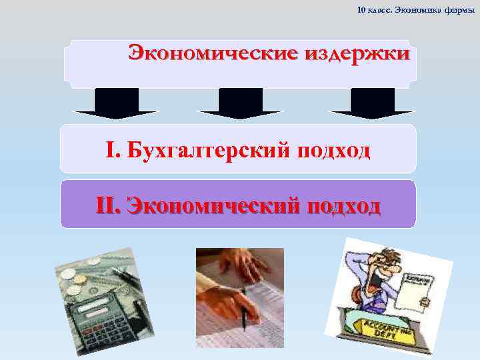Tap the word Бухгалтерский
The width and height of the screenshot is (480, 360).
click(x=204, y=151)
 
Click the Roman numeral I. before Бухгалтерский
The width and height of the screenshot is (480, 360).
click(x=111, y=151)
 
